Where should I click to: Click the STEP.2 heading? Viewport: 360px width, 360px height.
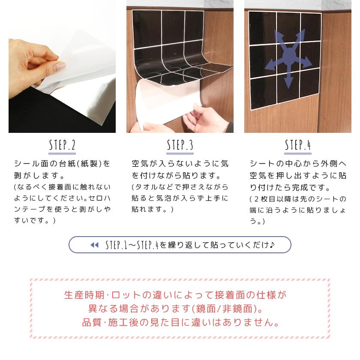coord(62,145)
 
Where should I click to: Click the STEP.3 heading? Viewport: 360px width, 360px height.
coord(180,145)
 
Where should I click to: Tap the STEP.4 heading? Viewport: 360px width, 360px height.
coord(298,145)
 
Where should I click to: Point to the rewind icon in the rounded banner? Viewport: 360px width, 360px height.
coord(94,245)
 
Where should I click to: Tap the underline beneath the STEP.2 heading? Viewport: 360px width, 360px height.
coord(62,153)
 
